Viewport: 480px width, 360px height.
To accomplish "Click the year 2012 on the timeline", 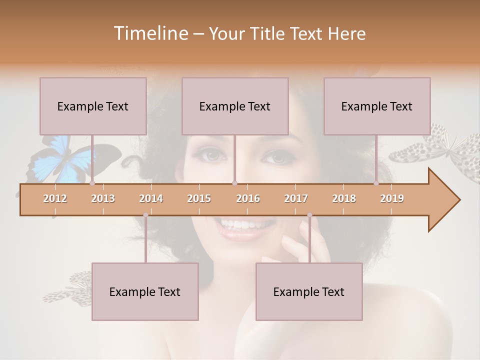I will (x=55, y=198).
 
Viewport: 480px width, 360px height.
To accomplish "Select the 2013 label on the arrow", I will (x=103, y=198).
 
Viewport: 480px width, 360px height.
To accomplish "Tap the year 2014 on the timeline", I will (x=151, y=198).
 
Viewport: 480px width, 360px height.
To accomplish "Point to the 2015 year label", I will (x=199, y=198).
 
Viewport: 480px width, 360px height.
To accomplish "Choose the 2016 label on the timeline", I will (x=248, y=198).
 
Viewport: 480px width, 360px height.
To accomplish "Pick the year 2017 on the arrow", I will (x=296, y=198).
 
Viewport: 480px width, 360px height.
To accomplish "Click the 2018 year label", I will (x=344, y=198).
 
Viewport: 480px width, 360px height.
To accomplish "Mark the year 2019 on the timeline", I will (x=392, y=198).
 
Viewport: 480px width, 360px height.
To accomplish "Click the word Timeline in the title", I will (x=150, y=33).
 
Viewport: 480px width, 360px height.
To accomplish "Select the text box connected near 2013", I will (x=93, y=106).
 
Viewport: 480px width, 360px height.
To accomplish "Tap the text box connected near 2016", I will (x=235, y=106).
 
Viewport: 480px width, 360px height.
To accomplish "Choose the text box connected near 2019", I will (x=377, y=106).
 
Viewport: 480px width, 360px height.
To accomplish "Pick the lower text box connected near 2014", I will (x=145, y=291).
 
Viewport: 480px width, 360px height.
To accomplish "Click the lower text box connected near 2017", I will (x=309, y=291).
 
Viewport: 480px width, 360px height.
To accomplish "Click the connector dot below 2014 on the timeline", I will (x=145, y=215).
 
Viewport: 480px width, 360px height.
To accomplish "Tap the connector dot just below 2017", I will (x=309, y=215).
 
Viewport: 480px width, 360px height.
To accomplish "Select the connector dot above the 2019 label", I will (x=376, y=183).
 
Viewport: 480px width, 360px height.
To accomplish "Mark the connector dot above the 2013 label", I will (x=92, y=183).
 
